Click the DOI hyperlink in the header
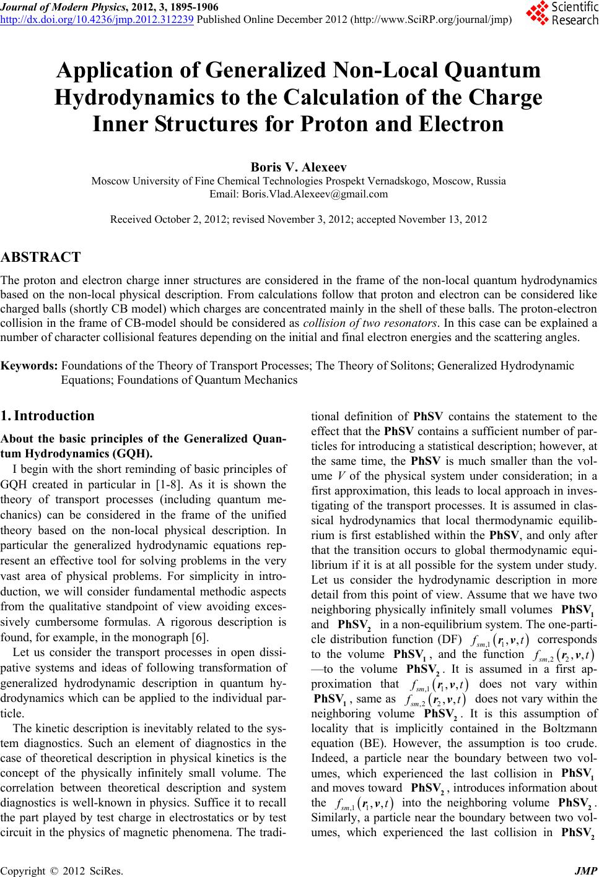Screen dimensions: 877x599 pos(98,19)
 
